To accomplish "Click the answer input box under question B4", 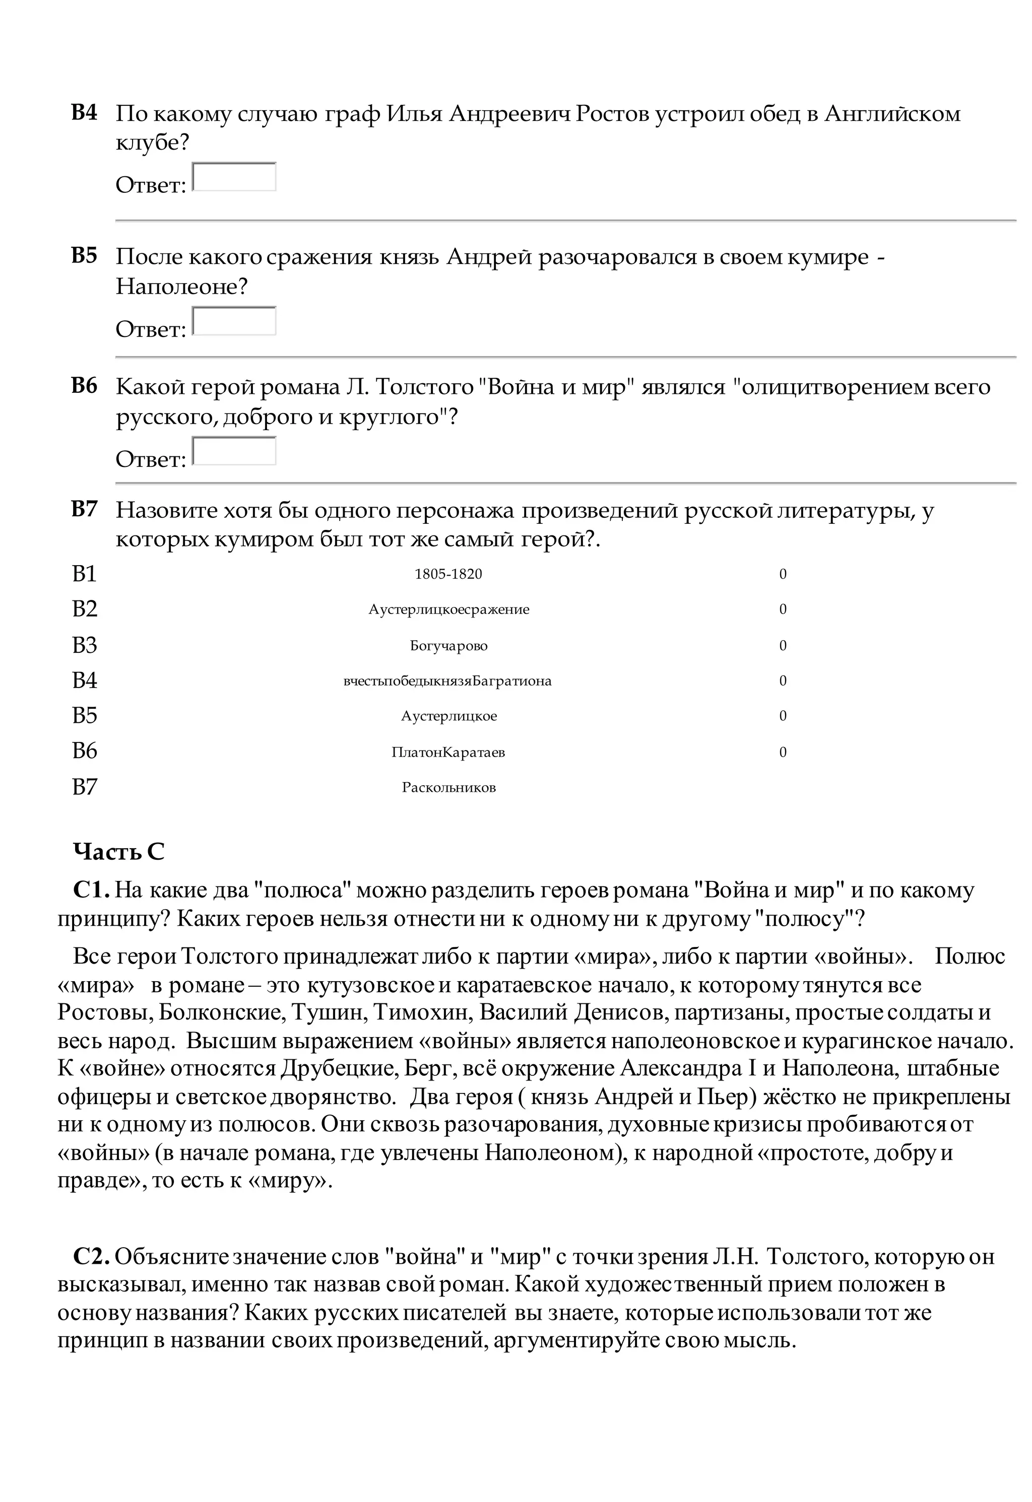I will click(234, 177).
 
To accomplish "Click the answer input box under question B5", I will click(234, 321).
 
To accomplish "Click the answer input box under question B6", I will click(234, 451).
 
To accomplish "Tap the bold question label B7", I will click(84, 509).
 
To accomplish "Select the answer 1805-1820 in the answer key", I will click(448, 574).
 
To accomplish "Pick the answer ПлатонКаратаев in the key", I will click(448, 753).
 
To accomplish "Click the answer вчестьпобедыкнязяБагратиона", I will click(447, 681).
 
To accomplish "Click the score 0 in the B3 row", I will click(783, 646).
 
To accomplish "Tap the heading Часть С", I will click(119, 852).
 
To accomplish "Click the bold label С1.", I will click(91, 890).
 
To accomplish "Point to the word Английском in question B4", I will click(892, 114).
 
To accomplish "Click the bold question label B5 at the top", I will click(84, 255).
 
